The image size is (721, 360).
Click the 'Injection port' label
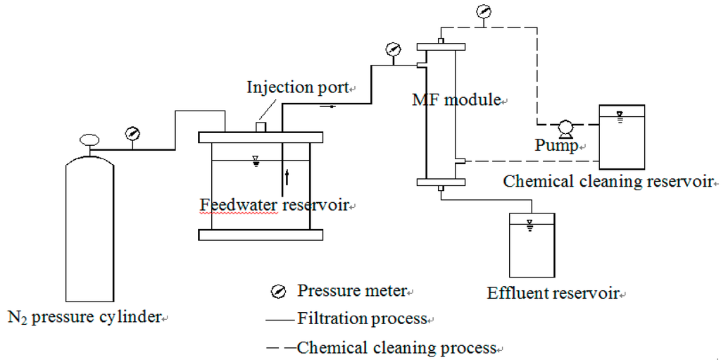point(298,88)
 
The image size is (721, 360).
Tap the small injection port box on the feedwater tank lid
point(260,126)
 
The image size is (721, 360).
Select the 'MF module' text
point(456,100)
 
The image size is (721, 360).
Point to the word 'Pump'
point(556,146)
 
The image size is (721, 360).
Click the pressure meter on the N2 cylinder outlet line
point(131,133)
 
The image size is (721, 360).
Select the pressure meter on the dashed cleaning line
point(483,12)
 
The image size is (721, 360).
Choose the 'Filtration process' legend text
point(362,318)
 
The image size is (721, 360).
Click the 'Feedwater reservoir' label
point(275,205)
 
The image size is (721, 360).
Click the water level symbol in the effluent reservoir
point(529,225)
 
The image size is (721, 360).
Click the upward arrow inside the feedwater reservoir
point(287,175)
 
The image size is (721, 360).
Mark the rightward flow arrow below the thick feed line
point(327,107)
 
